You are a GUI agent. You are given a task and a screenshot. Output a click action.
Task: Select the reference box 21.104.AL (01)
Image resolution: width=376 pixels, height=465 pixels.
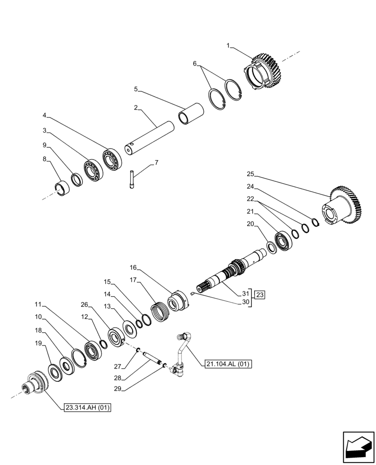[227, 364]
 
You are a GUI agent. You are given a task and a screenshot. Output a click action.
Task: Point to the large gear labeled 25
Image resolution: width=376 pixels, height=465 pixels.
[341, 206]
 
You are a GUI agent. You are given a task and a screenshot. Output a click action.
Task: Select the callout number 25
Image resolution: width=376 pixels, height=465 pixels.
[250, 174]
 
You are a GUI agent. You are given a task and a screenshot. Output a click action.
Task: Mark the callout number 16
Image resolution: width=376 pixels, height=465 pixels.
[134, 268]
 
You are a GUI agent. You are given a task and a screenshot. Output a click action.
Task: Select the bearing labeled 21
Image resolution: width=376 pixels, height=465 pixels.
[282, 240]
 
